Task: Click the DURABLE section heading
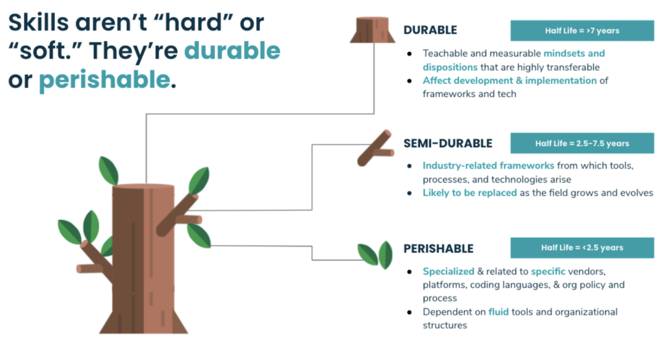click(430, 30)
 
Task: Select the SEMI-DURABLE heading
click(448, 144)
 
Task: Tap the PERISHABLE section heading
click(439, 248)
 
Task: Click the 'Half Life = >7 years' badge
click(582, 31)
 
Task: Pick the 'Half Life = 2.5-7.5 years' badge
click(582, 143)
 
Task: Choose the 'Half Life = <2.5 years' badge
click(582, 248)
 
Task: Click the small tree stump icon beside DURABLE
click(373, 30)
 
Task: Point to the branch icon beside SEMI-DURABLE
click(376, 148)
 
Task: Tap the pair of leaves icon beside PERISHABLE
click(375, 255)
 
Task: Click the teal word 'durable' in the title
click(232, 50)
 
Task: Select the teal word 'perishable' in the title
click(105, 80)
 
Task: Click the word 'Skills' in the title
click(38, 23)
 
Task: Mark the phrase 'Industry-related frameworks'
click(489, 166)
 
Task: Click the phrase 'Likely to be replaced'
click(469, 192)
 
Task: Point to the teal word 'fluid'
click(499, 312)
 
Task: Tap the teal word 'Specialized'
click(449, 271)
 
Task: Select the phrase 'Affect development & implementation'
click(510, 81)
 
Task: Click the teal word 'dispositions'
click(450, 67)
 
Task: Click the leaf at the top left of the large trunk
click(109, 171)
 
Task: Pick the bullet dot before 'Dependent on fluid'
click(409, 312)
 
